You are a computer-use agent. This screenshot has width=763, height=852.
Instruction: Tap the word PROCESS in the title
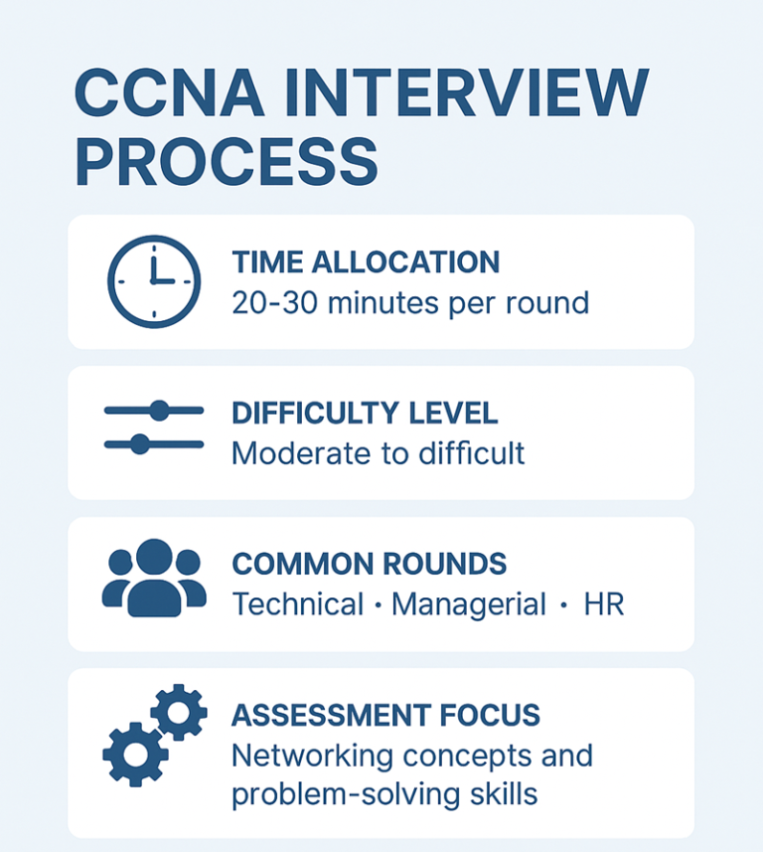click(227, 163)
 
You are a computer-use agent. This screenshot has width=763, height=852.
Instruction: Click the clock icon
click(154, 281)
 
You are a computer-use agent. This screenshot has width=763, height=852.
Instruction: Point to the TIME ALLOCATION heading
click(365, 262)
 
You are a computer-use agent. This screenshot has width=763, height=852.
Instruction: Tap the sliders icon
click(154, 427)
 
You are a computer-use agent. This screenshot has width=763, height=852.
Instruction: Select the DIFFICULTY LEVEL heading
click(365, 413)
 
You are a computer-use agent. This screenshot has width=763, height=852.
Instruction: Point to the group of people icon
click(154, 578)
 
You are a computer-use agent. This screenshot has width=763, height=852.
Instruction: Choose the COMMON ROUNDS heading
click(369, 564)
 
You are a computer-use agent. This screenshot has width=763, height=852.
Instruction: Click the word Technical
click(298, 604)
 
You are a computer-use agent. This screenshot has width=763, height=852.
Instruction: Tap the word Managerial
click(469, 604)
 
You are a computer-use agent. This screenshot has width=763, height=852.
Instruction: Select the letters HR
click(604, 604)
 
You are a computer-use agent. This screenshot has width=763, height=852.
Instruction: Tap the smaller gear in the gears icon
click(179, 712)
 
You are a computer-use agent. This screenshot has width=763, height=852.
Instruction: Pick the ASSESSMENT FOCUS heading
click(385, 715)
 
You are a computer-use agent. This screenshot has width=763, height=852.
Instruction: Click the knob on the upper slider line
click(160, 410)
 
